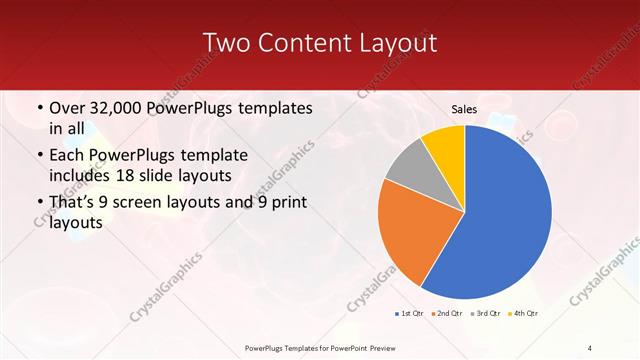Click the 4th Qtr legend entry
click(x=523, y=315)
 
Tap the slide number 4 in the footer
click(x=590, y=347)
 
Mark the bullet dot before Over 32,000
click(x=39, y=108)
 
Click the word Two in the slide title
click(x=226, y=43)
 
